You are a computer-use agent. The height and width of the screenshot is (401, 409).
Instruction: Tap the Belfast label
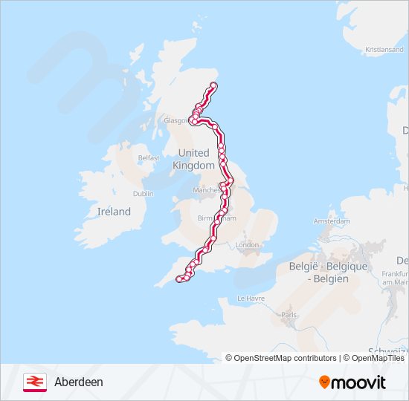[x=149, y=157]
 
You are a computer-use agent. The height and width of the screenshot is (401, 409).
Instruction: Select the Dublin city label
[x=144, y=193]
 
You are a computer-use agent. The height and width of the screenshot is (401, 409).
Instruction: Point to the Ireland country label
[x=114, y=212]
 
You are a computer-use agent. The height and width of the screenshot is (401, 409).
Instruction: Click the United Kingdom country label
[x=193, y=160]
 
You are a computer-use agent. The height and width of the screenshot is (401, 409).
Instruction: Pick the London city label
[x=247, y=244]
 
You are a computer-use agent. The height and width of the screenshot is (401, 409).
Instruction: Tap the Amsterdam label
[x=332, y=221]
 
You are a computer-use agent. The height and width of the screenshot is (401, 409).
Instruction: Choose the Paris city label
[x=289, y=314]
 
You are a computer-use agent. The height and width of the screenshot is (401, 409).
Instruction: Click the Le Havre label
[x=251, y=298]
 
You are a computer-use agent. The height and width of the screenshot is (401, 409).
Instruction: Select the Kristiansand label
[x=384, y=50]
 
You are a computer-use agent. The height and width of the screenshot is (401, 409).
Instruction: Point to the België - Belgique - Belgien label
[x=328, y=273]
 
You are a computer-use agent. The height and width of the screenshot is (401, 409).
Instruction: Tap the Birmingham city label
[x=216, y=218]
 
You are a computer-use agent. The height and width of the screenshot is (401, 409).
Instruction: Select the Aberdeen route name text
[x=79, y=382]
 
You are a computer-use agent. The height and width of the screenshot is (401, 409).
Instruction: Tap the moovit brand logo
[x=352, y=382]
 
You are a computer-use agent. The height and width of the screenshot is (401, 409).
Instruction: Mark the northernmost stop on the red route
[x=213, y=85]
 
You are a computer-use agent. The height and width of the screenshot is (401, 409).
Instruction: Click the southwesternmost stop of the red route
[x=178, y=279]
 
